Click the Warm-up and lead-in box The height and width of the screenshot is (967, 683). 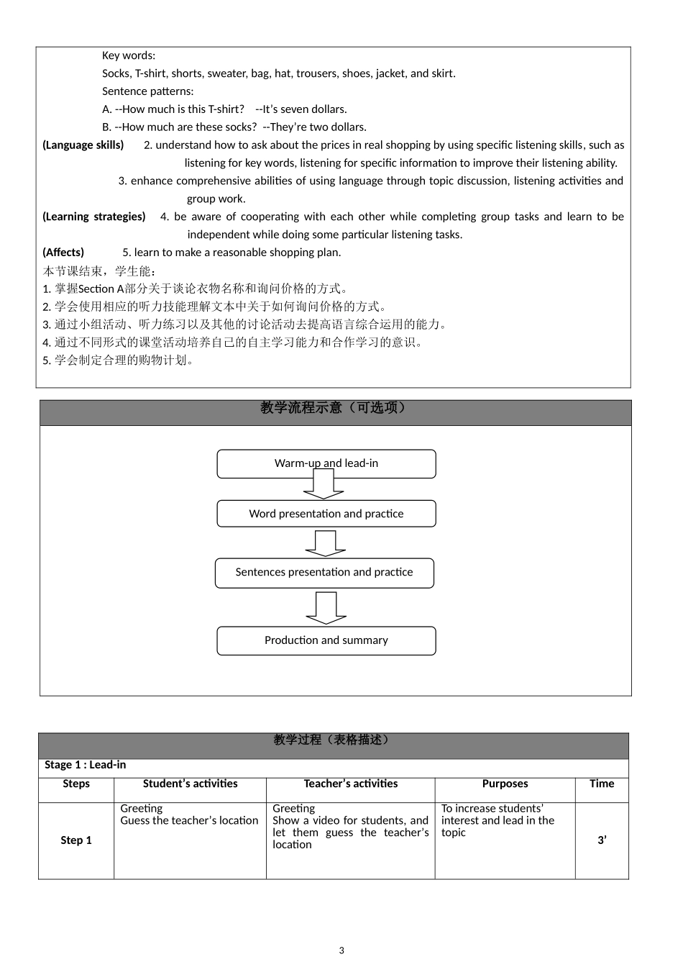(x=326, y=463)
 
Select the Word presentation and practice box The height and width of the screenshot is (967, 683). (x=326, y=514)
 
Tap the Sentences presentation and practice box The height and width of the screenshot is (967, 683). (x=324, y=573)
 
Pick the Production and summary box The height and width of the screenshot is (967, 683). (x=326, y=640)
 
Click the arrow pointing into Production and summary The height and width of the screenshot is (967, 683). (x=326, y=608)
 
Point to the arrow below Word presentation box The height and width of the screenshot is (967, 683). (x=326, y=544)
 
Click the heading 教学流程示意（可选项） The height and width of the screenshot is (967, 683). (x=335, y=409)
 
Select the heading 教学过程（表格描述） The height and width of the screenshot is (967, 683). (x=333, y=740)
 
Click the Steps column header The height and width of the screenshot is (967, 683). (x=76, y=784)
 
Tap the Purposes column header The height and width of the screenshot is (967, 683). (x=505, y=784)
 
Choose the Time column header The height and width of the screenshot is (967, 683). (x=602, y=784)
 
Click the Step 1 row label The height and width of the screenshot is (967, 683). (x=76, y=840)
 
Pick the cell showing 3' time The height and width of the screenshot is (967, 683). (x=602, y=840)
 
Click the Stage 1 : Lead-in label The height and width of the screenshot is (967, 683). (x=85, y=765)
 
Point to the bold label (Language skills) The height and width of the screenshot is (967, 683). (x=83, y=145)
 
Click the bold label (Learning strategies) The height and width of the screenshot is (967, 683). (x=94, y=217)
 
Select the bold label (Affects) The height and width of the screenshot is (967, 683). (x=63, y=253)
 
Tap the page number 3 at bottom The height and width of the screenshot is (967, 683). (x=341, y=950)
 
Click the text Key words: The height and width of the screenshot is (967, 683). (x=129, y=55)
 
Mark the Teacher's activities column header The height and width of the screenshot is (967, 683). (x=350, y=784)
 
